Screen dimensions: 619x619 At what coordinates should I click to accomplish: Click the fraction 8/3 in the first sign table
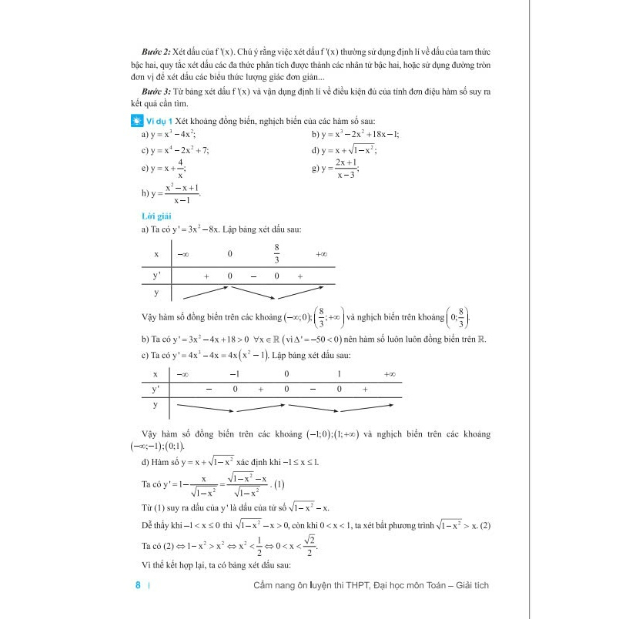[277, 253]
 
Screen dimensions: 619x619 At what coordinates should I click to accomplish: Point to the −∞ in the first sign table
[183, 253]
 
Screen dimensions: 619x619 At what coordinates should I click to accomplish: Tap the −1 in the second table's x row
[235, 374]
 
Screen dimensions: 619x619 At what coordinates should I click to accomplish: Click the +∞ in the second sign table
[389, 374]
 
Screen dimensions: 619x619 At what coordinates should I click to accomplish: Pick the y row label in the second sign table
[156, 403]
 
